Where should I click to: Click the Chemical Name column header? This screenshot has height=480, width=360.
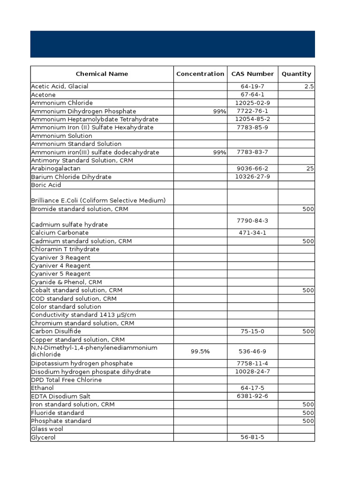click(102, 74)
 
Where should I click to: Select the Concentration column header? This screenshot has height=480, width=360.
click(200, 74)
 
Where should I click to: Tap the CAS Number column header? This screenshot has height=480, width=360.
click(252, 74)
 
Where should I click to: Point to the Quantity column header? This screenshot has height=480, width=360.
click(296, 74)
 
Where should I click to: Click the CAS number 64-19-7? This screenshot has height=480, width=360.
click(253, 86)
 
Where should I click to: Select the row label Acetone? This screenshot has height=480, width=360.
click(44, 95)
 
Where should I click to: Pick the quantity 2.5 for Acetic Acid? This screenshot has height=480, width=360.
click(309, 86)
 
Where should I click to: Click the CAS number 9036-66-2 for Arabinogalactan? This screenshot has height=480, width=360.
click(253, 168)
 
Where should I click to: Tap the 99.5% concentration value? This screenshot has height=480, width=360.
click(200, 352)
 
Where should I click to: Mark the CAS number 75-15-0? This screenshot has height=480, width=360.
click(253, 331)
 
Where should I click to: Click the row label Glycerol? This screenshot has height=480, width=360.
click(43, 437)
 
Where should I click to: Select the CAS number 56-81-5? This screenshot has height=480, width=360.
click(253, 437)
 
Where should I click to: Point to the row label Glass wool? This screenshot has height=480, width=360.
click(47, 429)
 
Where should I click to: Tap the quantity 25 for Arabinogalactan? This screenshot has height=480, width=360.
click(310, 168)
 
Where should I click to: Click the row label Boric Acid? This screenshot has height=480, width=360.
click(46, 185)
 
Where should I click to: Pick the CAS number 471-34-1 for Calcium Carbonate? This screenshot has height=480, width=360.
click(253, 233)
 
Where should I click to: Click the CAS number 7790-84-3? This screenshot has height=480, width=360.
click(253, 221)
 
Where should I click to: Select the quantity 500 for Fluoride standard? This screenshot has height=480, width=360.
click(308, 413)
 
